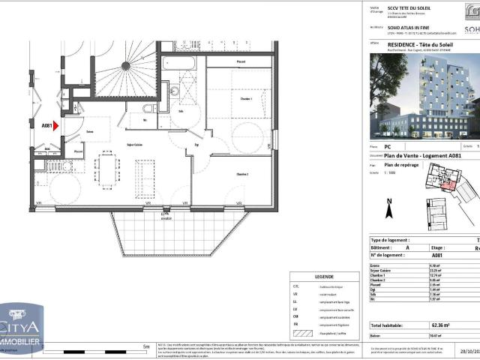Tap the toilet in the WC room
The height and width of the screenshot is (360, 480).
(148, 108)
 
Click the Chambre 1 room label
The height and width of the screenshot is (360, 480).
(235, 98)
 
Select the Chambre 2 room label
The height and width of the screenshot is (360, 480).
(241, 173)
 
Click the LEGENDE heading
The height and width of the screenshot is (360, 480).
(324, 276)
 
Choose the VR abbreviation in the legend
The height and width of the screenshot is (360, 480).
(295, 295)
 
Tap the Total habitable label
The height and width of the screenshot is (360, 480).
(385, 325)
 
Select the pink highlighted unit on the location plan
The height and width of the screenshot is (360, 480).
(448, 182)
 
